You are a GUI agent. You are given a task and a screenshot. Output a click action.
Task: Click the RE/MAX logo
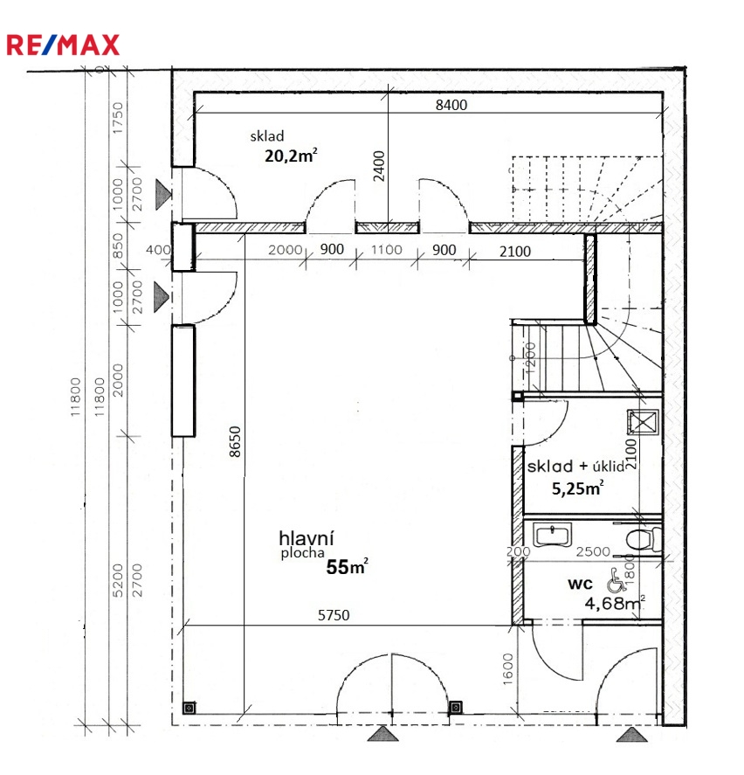point(63,45)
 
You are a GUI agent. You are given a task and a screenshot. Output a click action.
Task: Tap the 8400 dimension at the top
point(451,105)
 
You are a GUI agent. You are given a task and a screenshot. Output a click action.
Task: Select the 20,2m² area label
point(291,156)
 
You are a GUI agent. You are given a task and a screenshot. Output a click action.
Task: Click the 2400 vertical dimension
point(379,166)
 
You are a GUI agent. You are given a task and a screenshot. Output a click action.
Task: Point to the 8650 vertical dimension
point(235,441)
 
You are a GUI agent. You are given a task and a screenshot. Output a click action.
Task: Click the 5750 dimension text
point(334,615)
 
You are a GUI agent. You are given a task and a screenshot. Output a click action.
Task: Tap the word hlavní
point(307,537)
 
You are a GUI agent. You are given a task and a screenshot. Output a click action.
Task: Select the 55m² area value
point(348,567)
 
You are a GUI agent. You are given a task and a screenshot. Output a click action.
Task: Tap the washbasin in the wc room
point(552,535)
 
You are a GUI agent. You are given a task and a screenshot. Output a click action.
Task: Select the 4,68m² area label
point(615,603)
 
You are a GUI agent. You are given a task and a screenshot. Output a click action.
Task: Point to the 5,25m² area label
point(577,488)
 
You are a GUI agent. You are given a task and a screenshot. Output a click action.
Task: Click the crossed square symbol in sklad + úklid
point(643,422)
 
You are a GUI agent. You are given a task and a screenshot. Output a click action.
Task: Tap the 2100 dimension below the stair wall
point(514,252)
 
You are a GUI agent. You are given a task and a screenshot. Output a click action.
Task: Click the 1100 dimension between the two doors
point(386,250)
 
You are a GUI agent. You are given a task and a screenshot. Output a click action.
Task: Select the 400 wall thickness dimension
point(158,250)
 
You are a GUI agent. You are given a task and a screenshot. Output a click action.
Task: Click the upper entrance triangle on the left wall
point(163,194)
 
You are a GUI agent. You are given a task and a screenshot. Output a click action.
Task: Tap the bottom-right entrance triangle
point(632,735)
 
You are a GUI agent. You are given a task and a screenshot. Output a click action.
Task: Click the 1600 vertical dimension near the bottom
point(508,669)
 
